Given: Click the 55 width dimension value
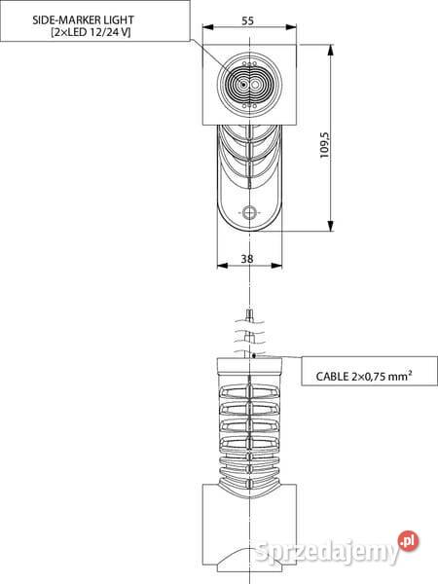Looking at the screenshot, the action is tap(247, 20).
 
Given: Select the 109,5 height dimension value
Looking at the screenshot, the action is tap(325, 145).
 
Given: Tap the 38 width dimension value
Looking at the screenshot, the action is tap(247, 259).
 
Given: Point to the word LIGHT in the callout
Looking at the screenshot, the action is tap(118, 19).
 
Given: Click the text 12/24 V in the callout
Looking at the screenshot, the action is tap(108, 32).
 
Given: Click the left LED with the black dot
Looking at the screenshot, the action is tap(243, 85).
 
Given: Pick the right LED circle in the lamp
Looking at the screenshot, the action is tap(255, 85).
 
